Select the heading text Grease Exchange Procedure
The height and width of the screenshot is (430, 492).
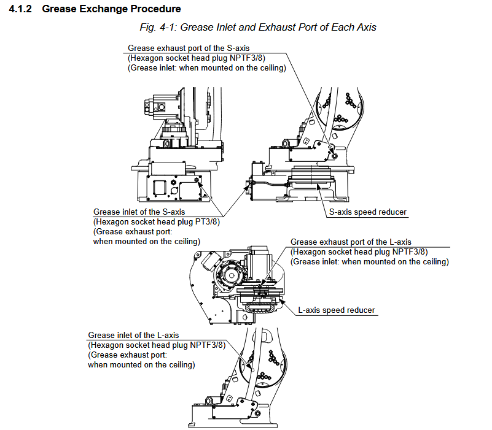pyautogui.click(x=111, y=9)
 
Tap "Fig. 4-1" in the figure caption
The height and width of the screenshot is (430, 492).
pyautogui.click(x=156, y=27)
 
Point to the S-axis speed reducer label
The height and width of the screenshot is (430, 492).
pyautogui.click(x=368, y=212)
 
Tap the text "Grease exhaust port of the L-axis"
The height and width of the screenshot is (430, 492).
pyautogui.click(x=351, y=242)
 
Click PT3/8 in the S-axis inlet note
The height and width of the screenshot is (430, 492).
pyautogui.click(x=207, y=221)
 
